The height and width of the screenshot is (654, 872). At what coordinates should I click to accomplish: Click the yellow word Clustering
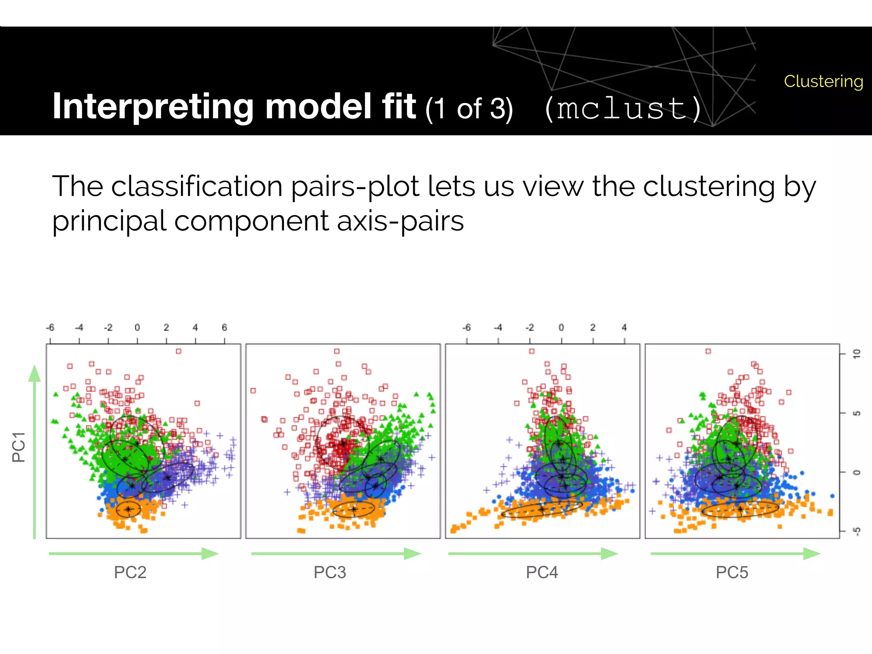point(823,81)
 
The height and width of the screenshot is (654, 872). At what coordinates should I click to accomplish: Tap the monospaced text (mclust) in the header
point(622,108)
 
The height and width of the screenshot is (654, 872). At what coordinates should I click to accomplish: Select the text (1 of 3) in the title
point(469,109)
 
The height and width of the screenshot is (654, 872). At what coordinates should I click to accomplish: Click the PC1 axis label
point(19,447)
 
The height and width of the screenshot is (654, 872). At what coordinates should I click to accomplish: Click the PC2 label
point(130,572)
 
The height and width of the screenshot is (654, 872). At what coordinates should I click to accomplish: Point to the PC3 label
point(330,572)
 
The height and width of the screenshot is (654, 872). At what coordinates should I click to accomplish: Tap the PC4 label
point(542,572)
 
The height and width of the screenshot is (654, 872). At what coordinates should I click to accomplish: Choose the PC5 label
point(731,572)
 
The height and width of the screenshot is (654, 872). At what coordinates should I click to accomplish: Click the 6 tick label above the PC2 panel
point(224,327)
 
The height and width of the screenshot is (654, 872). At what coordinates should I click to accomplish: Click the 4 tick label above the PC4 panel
point(624,327)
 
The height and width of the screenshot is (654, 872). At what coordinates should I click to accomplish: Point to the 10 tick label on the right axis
point(857,353)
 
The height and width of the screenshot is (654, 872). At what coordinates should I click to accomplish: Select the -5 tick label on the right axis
point(857,531)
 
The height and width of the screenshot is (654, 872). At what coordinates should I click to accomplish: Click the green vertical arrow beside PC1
point(34,451)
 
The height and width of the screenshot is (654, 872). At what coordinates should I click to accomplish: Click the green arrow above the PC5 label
point(735,554)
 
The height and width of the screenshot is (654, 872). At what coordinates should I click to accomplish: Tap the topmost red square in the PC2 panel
point(178,351)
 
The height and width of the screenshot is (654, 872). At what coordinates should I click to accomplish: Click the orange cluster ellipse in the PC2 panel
point(128,509)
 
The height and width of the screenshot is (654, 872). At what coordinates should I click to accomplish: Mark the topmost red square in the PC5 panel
point(708,351)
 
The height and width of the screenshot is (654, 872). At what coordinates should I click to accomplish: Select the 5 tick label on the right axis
point(857,413)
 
